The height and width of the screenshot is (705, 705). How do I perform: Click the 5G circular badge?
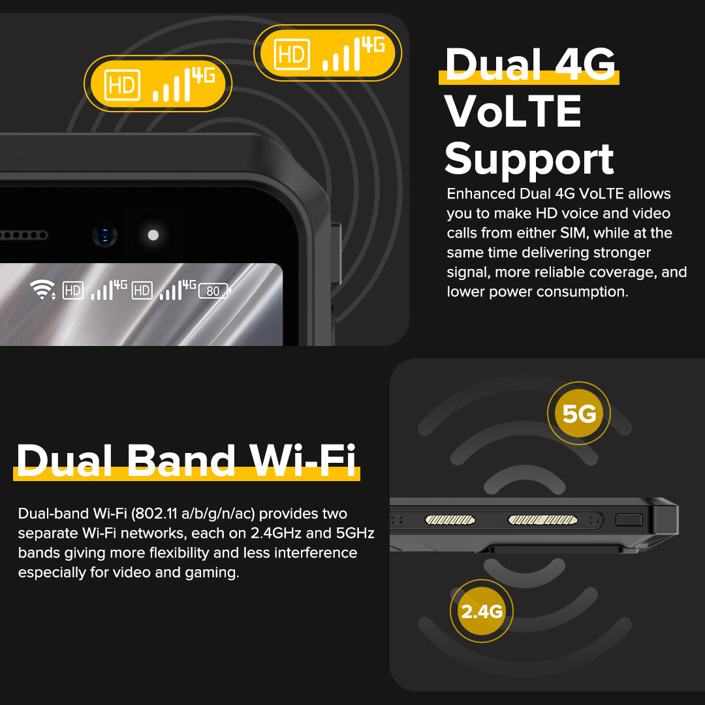coord(578,413)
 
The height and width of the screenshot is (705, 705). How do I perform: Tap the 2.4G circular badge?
coord(482,611)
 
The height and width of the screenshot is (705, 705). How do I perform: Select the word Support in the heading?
coord(529,160)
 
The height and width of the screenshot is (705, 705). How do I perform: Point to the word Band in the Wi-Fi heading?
coord(181,460)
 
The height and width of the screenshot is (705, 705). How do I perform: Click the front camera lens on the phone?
coord(104,235)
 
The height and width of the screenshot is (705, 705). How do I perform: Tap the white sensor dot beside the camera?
coord(153,235)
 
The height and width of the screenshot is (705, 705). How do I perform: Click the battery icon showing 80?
coord(214,291)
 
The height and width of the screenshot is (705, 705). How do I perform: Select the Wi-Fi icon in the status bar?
coord(42,290)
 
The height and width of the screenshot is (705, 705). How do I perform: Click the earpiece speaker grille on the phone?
coord(23,235)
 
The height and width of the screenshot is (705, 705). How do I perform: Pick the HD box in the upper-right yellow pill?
coord(292,54)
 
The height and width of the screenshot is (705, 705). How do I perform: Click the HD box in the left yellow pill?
coord(122,85)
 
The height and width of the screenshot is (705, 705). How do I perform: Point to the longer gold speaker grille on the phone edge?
coord(542,520)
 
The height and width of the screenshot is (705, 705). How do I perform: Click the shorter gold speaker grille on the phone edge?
coord(450,520)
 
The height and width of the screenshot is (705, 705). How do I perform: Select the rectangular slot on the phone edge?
coord(629,520)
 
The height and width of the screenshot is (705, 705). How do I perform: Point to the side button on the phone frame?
coord(336,253)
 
